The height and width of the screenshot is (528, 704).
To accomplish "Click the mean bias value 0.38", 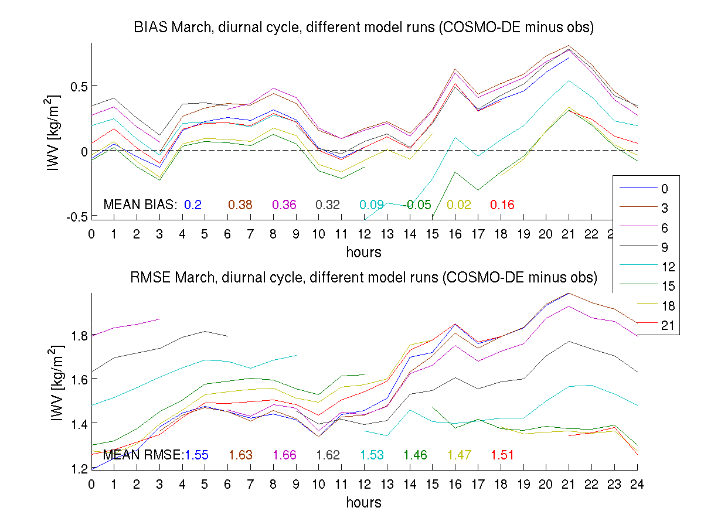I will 240,205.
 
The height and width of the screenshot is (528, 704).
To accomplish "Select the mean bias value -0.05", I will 418,205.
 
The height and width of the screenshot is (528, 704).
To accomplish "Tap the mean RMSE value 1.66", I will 285,455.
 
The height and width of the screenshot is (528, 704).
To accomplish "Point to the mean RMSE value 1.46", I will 416,455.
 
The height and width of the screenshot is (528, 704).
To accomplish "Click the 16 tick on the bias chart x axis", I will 455,234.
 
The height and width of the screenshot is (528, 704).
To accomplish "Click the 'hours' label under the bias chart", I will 363,253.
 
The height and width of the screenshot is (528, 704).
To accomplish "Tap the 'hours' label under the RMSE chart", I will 363,502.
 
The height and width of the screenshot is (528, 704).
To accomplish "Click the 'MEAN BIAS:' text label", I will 140,205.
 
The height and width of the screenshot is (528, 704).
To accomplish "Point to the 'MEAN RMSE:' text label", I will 143,455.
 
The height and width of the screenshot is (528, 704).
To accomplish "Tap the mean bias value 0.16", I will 502,205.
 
